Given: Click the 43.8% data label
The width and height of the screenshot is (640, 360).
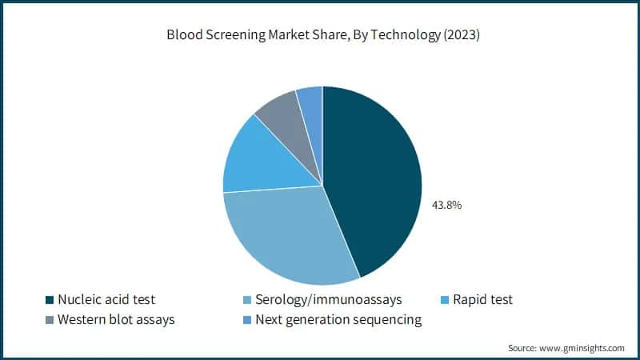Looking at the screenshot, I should click(x=446, y=205).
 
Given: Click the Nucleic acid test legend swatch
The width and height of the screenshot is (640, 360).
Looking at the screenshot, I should click(x=50, y=300).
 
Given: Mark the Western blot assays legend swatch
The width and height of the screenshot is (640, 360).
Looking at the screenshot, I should click(x=50, y=320).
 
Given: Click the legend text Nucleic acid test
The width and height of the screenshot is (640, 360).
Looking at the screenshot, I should click(x=106, y=300).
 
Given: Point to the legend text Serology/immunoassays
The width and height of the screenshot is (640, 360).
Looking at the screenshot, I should click(x=328, y=300).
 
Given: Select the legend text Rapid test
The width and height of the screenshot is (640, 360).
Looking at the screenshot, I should click(x=483, y=300).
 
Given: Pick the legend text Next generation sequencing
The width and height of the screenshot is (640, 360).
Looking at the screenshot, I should click(x=338, y=320).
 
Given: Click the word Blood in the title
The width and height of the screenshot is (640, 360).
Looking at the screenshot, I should click(x=184, y=35).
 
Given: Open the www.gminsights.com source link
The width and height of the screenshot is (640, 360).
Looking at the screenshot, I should click(x=582, y=348).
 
